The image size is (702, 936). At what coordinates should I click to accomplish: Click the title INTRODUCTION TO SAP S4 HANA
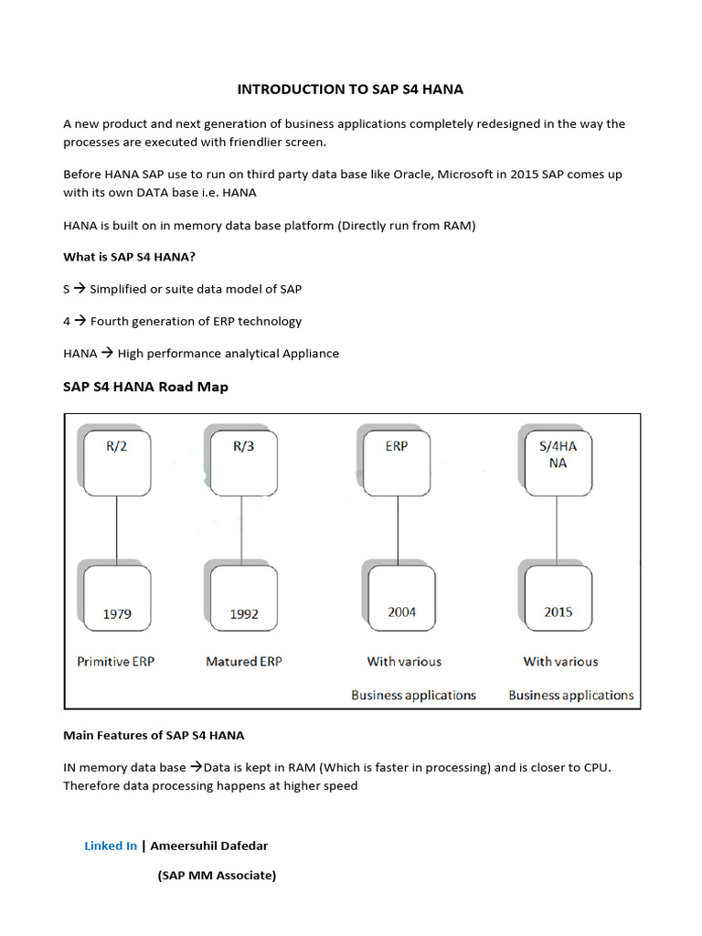pyautogui.click(x=351, y=89)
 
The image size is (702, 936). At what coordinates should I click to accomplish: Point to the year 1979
pyautogui.click(x=117, y=613)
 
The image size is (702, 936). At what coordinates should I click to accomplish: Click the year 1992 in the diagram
pyautogui.click(x=244, y=614)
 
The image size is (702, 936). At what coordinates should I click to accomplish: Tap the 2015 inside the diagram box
pyautogui.click(x=558, y=612)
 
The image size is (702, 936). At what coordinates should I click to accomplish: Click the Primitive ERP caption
pyautogui.click(x=116, y=661)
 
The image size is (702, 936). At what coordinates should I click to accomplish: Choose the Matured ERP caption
pyautogui.click(x=244, y=661)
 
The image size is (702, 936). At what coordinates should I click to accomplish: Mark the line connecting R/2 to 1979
pyautogui.click(x=116, y=530)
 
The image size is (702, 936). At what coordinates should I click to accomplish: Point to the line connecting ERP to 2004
pyautogui.click(x=399, y=530)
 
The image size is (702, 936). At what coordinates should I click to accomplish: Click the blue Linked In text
pyautogui.click(x=111, y=846)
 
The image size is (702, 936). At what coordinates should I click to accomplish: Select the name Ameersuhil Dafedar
pyautogui.click(x=209, y=846)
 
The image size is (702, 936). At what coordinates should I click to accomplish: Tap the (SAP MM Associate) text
pyautogui.click(x=217, y=875)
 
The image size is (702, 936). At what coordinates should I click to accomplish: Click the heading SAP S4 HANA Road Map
pyautogui.click(x=145, y=387)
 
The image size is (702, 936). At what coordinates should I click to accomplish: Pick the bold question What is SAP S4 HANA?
pyautogui.click(x=129, y=256)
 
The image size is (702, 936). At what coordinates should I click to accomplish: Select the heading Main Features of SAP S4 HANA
pyautogui.click(x=154, y=734)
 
